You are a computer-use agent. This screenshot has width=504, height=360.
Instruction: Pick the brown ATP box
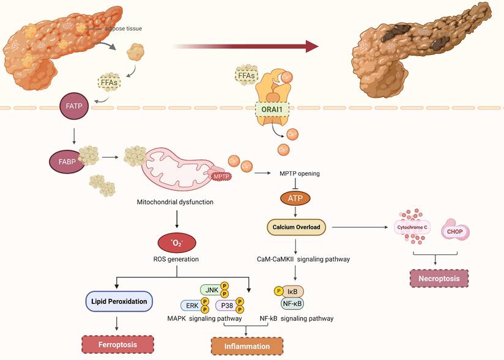coord(295,198)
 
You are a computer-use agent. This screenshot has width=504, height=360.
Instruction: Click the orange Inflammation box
coord(246,346)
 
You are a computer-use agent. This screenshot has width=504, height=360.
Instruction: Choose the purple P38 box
coord(226,305)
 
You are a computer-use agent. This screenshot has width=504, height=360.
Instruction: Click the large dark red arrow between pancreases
coord(245,46)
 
